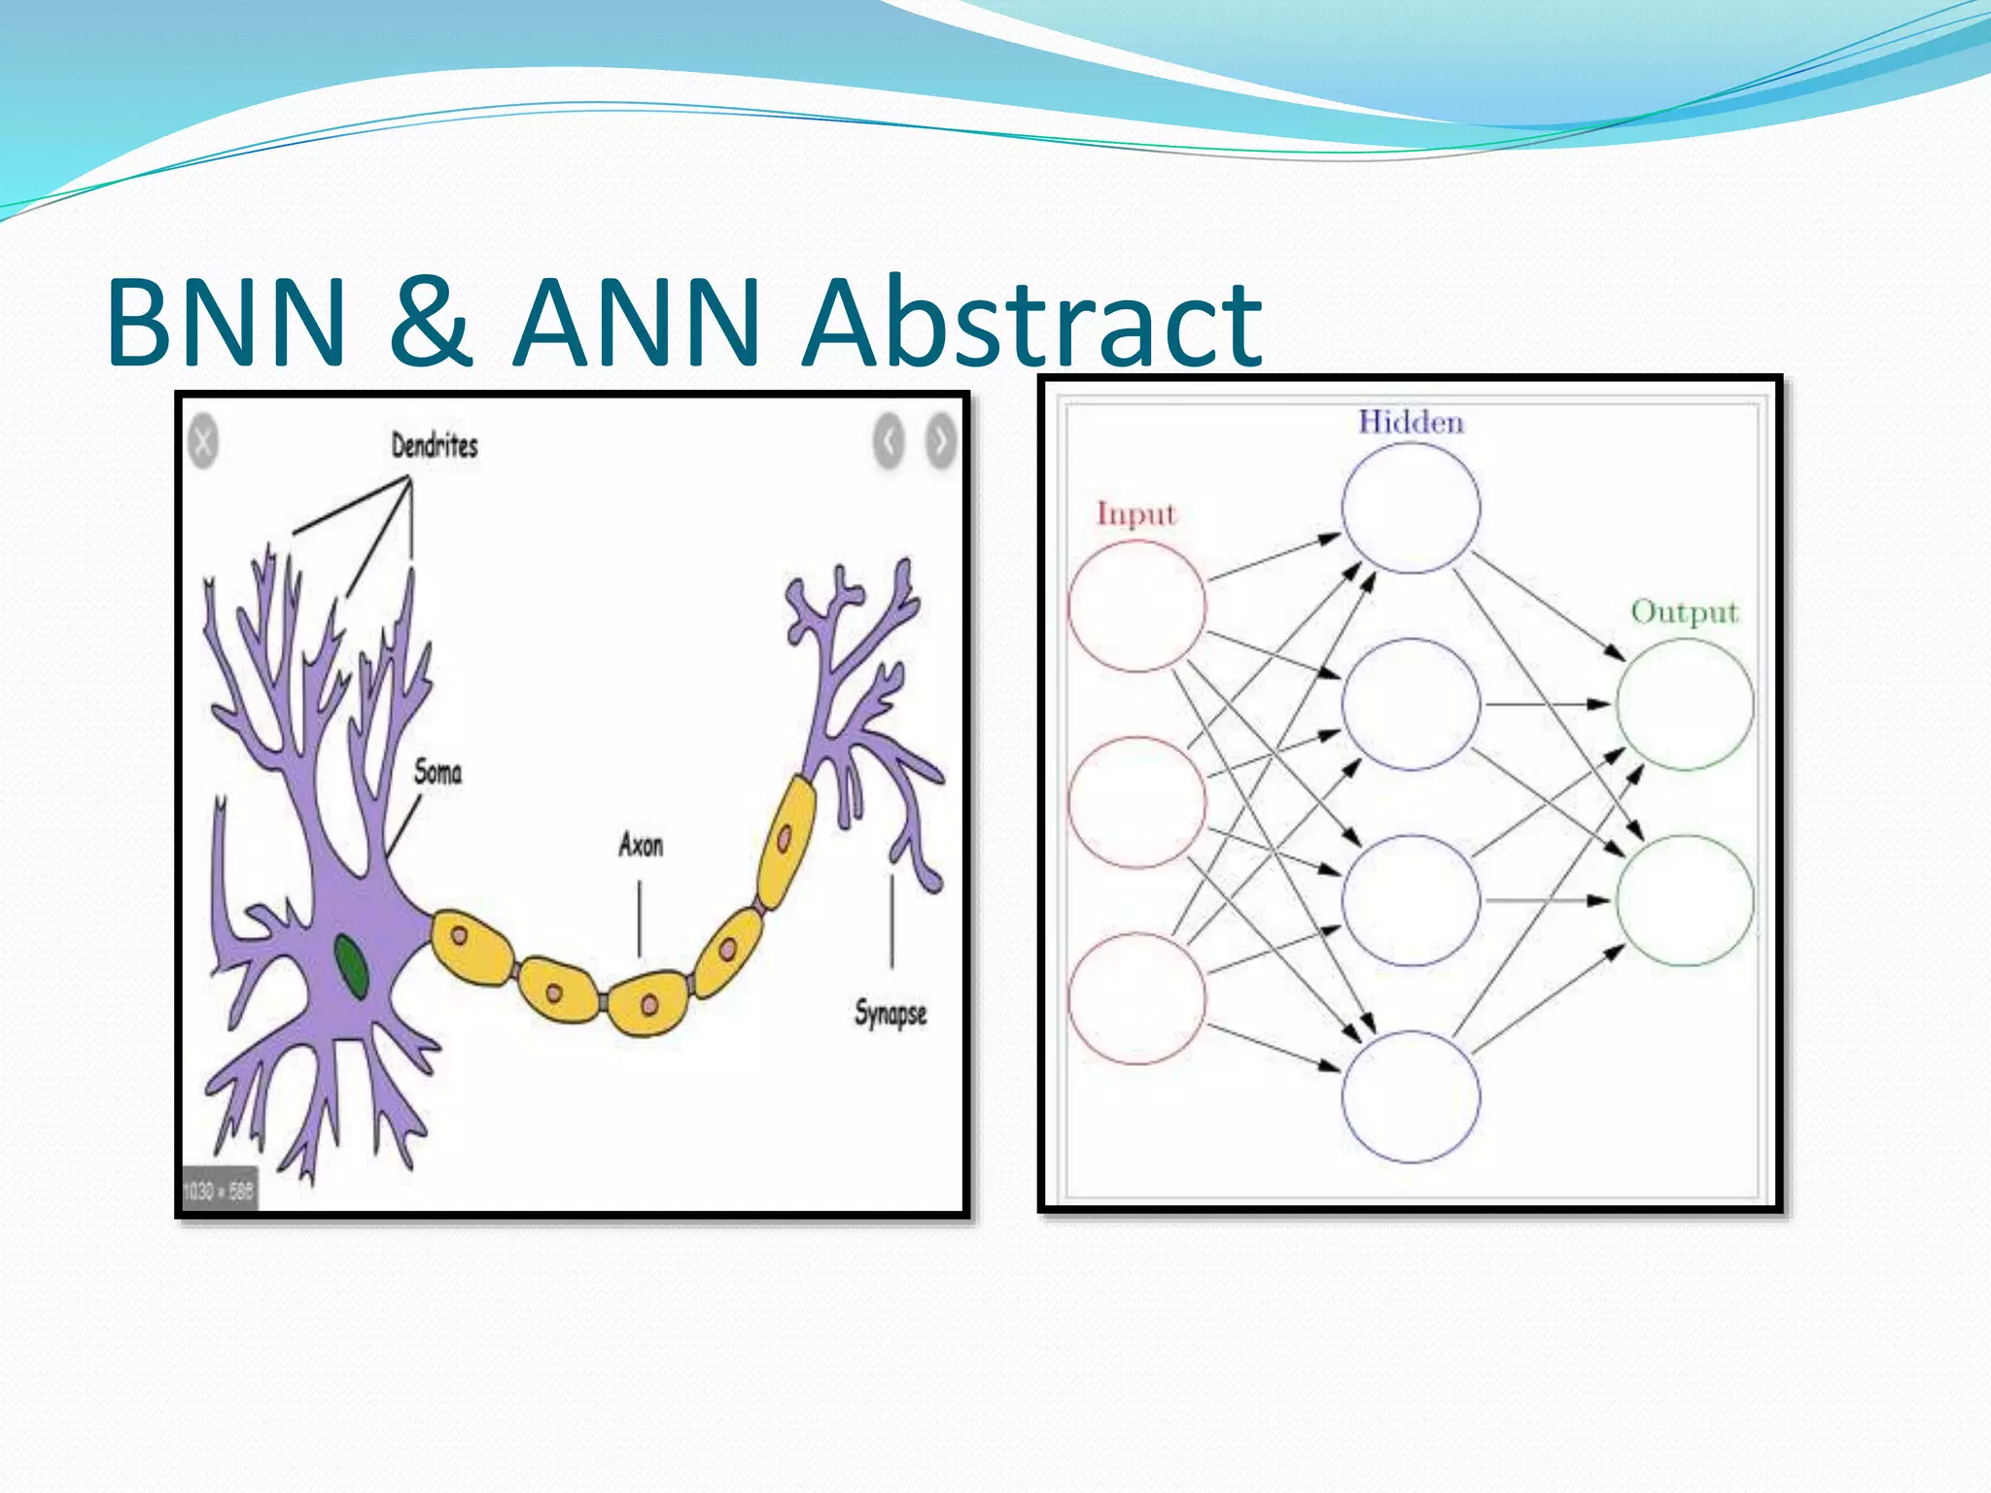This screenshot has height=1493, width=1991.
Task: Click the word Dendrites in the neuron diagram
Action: [x=435, y=446]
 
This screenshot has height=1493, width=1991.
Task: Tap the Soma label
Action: [x=437, y=773]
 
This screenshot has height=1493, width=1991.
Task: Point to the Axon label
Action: [x=641, y=846]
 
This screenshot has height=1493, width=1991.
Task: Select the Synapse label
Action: [x=891, y=1014]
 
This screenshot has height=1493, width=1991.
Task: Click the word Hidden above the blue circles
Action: [x=1411, y=423]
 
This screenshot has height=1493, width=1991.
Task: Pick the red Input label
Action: [x=1136, y=513]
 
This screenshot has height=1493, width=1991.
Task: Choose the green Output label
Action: [x=1684, y=612]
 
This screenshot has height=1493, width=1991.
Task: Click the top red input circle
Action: [x=1136, y=607]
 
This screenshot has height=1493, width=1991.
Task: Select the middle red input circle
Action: [x=1136, y=802]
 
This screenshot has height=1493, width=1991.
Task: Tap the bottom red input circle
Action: [x=1136, y=998]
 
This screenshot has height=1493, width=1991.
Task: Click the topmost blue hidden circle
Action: [x=1411, y=507]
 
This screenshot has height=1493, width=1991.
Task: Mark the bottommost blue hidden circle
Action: [x=1411, y=1096]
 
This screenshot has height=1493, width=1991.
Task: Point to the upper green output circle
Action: [x=1685, y=704]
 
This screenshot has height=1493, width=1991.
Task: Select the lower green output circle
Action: [x=1685, y=900]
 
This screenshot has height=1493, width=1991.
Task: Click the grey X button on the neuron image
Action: [x=202, y=442]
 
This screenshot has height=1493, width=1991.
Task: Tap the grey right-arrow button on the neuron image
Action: [x=940, y=442]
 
